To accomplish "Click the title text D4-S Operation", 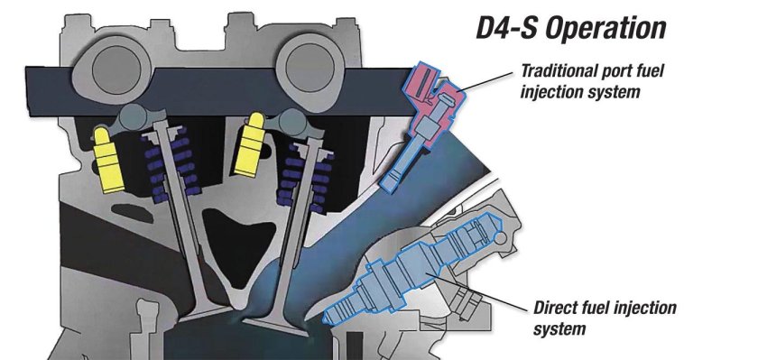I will (570, 28).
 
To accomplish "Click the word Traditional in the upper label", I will (556, 69).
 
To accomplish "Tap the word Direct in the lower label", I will (557, 309).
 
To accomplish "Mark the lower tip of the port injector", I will (388, 187).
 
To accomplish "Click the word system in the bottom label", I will (559, 328).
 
